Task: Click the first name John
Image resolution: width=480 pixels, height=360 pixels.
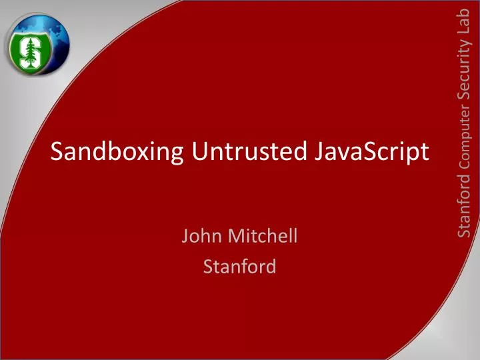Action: (201, 235)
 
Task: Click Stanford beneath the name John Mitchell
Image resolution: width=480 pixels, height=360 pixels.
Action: (239, 267)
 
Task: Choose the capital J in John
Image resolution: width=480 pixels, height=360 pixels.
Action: (185, 235)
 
